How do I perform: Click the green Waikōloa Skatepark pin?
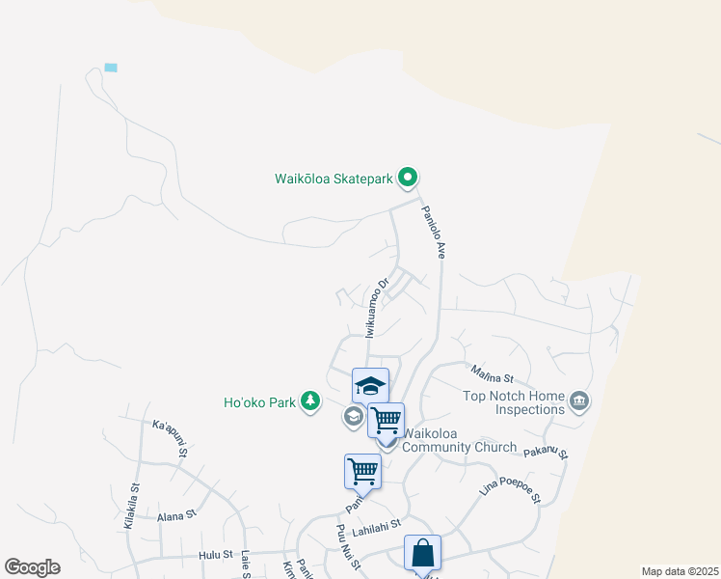pos(408,177)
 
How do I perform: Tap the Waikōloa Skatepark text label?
pos(334,178)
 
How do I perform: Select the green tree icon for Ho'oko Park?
pos(309,400)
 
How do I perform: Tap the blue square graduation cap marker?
pos(370,386)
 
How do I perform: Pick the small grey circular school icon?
pos(352,417)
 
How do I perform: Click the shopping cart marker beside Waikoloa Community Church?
pos(387,421)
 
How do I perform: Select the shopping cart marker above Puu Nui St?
pos(362,472)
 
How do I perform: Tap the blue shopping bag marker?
pos(422,553)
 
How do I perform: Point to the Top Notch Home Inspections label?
pos(514,402)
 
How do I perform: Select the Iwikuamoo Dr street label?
pos(376,308)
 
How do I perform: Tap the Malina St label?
pos(493,372)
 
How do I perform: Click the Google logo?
pos(32,566)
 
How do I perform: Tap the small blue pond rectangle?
pos(111,68)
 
